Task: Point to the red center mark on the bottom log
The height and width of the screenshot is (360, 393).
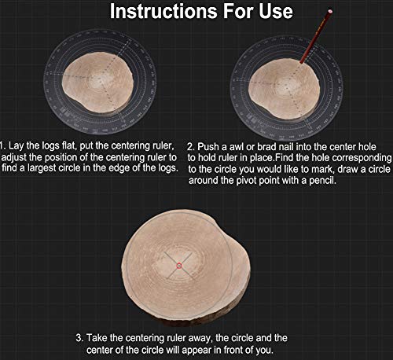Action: point(179,266)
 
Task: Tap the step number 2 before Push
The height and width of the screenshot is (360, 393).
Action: point(193,147)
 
